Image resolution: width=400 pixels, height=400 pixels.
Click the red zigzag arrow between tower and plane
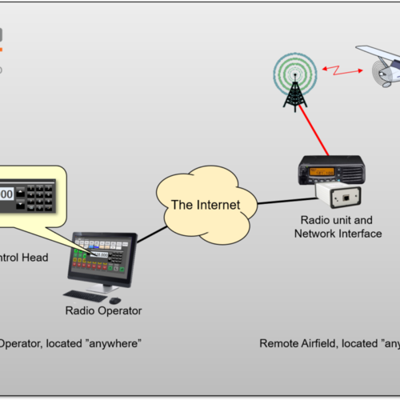339,71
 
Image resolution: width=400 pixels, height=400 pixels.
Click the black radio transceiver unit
331,170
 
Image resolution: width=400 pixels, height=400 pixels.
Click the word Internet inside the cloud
218,205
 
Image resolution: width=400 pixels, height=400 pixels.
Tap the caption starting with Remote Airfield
328,343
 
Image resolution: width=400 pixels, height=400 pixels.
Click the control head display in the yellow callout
6,194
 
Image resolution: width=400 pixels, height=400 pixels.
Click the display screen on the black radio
323,171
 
